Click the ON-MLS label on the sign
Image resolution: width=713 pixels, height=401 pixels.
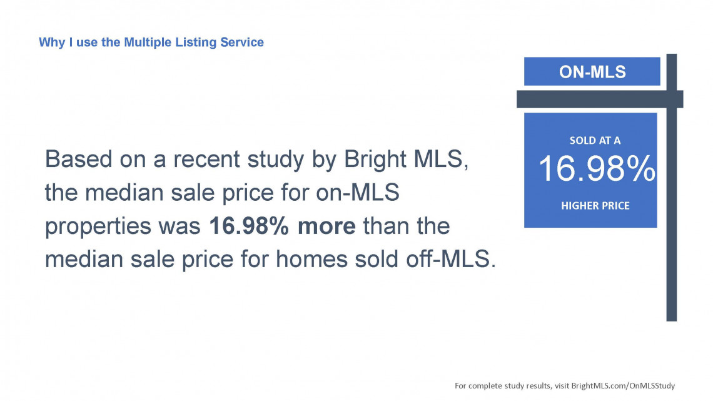point(592,72)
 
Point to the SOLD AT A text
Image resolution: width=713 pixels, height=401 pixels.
point(595,141)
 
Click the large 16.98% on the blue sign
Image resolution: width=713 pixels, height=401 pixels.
point(597,169)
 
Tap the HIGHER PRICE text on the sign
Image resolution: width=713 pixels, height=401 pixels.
point(595,205)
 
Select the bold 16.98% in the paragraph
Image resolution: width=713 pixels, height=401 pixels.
point(249,226)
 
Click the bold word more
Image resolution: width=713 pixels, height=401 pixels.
point(326,226)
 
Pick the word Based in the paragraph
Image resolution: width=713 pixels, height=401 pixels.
point(79,159)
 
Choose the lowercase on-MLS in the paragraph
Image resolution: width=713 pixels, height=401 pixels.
point(357,192)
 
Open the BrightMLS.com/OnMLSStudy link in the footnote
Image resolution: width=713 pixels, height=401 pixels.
point(623,385)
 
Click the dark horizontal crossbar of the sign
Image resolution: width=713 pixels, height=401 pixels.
point(600,99)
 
